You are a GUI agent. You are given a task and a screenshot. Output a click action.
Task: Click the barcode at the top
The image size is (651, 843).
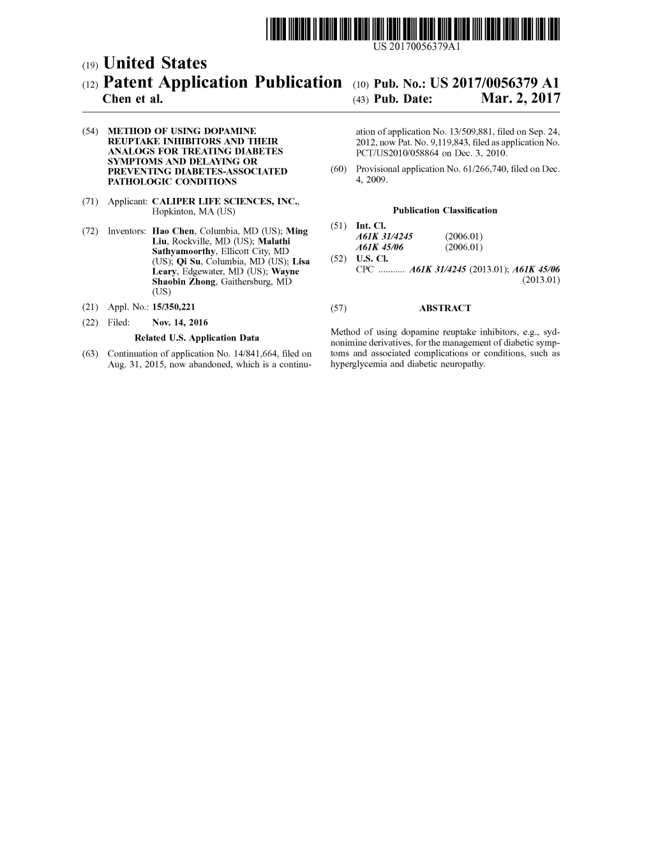click(x=412, y=29)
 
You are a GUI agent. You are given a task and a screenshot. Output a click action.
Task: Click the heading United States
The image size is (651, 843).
click(x=155, y=63)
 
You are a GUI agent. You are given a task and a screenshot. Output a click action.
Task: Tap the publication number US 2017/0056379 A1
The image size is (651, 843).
click(x=495, y=83)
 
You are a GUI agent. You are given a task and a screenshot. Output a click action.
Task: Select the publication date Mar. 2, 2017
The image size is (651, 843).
click(x=521, y=98)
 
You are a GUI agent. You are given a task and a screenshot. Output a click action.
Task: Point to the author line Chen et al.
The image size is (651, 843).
click(x=133, y=99)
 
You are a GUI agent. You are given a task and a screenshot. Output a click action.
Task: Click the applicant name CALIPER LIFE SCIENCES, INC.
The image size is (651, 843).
click(x=226, y=201)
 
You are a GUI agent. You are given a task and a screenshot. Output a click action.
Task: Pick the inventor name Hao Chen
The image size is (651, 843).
click(x=173, y=231)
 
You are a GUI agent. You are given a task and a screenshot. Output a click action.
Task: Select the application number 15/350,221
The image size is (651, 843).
click(x=174, y=307)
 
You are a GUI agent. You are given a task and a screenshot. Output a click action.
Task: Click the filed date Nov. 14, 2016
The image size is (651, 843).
click(x=180, y=323)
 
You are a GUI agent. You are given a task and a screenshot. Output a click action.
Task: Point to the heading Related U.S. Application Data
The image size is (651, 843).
click(x=197, y=338)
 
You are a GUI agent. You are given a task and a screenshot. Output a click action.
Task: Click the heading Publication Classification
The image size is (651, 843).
click(x=445, y=210)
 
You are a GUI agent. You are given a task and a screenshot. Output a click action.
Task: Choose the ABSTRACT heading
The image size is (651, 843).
click(x=445, y=308)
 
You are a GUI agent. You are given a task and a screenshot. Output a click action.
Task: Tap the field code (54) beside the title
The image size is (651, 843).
click(x=90, y=131)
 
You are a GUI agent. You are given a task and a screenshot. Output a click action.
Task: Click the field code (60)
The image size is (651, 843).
click(x=338, y=169)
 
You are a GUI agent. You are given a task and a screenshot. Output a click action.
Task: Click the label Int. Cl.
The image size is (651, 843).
click(x=371, y=226)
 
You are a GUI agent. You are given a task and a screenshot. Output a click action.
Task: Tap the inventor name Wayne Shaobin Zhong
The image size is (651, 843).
click(x=226, y=277)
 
